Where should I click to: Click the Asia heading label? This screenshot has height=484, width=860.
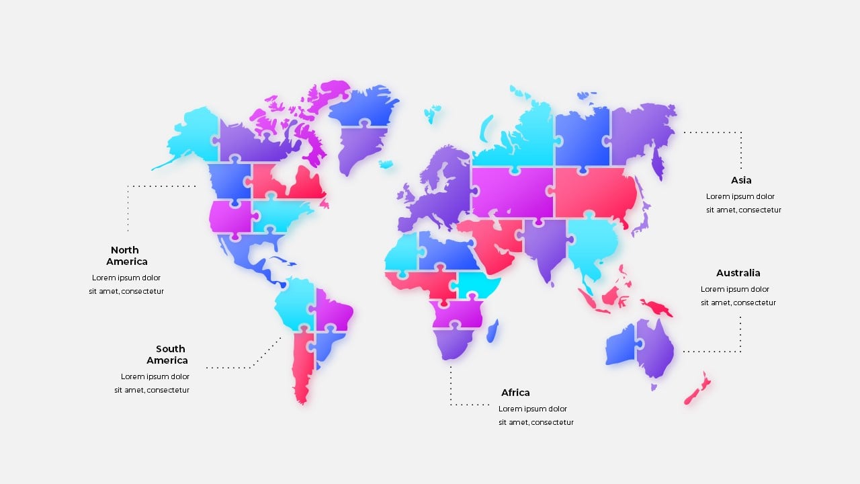click(x=741, y=180)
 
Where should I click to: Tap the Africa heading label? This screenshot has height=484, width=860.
click(x=515, y=393)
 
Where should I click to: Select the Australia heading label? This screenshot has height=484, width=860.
click(x=738, y=273)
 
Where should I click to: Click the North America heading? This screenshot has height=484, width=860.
click(x=126, y=255)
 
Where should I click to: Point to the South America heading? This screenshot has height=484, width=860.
click(x=168, y=354)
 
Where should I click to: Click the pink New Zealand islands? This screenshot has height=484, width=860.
click(x=697, y=389)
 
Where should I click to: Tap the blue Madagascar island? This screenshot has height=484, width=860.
click(x=492, y=331)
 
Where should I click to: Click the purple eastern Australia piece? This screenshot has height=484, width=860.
click(x=656, y=347)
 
